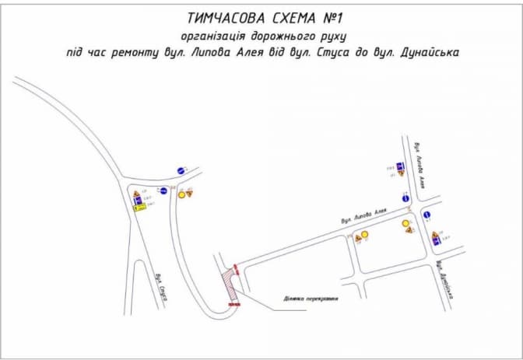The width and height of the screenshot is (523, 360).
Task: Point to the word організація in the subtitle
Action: [215, 35]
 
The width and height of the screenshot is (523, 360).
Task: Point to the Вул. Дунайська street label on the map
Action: [449, 279]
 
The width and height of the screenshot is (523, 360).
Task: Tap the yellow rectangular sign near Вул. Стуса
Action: [140, 207]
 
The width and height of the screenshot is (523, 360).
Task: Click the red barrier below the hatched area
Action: [234, 306]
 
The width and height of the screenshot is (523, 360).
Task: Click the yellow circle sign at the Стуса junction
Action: [181, 195]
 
